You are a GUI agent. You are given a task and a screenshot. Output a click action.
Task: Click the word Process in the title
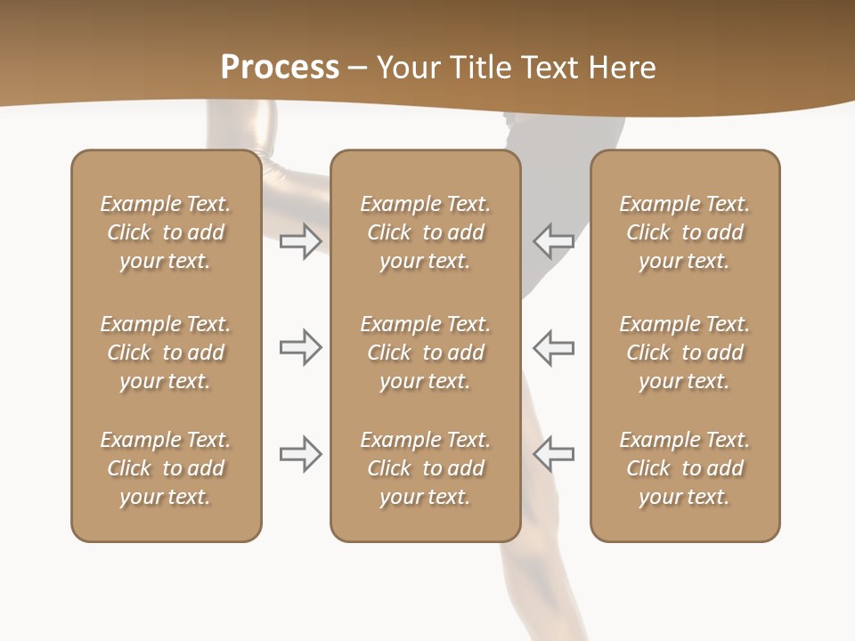click(280, 68)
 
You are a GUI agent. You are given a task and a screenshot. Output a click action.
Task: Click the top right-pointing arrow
click(300, 240)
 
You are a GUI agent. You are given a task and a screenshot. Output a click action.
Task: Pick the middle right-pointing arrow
click(300, 347)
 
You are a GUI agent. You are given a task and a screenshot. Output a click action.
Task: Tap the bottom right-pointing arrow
click(300, 454)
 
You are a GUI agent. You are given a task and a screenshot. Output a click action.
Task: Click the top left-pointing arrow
click(553, 240)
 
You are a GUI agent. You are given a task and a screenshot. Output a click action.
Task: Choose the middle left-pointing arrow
click(553, 347)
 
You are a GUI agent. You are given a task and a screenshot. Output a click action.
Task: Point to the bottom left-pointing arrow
click(553, 454)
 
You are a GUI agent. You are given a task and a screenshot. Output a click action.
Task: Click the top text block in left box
click(166, 232)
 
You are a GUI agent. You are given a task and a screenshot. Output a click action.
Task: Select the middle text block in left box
click(166, 353)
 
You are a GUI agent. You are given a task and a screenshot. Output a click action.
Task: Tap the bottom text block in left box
click(166, 468)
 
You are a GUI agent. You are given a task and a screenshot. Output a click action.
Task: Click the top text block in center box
click(426, 232)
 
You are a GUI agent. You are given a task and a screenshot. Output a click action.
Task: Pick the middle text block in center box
click(426, 353)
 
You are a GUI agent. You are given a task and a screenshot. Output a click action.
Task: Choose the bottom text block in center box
click(426, 468)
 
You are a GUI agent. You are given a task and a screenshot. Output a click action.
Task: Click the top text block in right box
click(685, 232)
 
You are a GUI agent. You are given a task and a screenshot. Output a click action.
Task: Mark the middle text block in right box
click(685, 353)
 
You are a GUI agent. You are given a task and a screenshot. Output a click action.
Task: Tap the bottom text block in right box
click(685, 468)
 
